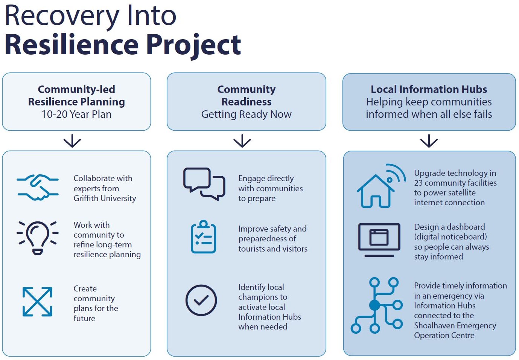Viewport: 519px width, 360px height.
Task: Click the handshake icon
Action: (x=38, y=187)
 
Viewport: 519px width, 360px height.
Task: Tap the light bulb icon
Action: (x=38, y=238)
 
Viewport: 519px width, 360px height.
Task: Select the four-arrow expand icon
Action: (x=37, y=302)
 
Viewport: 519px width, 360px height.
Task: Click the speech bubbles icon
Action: (x=204, y=184)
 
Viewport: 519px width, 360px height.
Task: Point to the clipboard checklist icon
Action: (x=203, y=237)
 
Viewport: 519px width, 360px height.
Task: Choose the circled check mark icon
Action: (x=201, y=300)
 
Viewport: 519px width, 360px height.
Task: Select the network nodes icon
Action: (x=377, y=305)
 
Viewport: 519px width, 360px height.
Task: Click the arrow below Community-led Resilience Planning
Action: (x=72, y=141)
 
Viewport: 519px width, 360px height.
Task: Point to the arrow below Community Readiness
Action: (x=242, y=141)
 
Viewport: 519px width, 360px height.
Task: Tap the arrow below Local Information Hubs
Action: (x=429, y=141)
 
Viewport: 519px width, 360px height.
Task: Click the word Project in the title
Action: (x=193, y=45)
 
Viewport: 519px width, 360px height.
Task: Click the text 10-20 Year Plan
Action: (x=76, y=114)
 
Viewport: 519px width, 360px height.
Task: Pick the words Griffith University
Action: (x=105, y=198)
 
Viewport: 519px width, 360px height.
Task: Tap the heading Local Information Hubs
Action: (x=429, y=89)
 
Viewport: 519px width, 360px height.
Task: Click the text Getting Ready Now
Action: (x=246, y=114)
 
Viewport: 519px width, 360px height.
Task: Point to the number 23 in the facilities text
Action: (x=419, y=183)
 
